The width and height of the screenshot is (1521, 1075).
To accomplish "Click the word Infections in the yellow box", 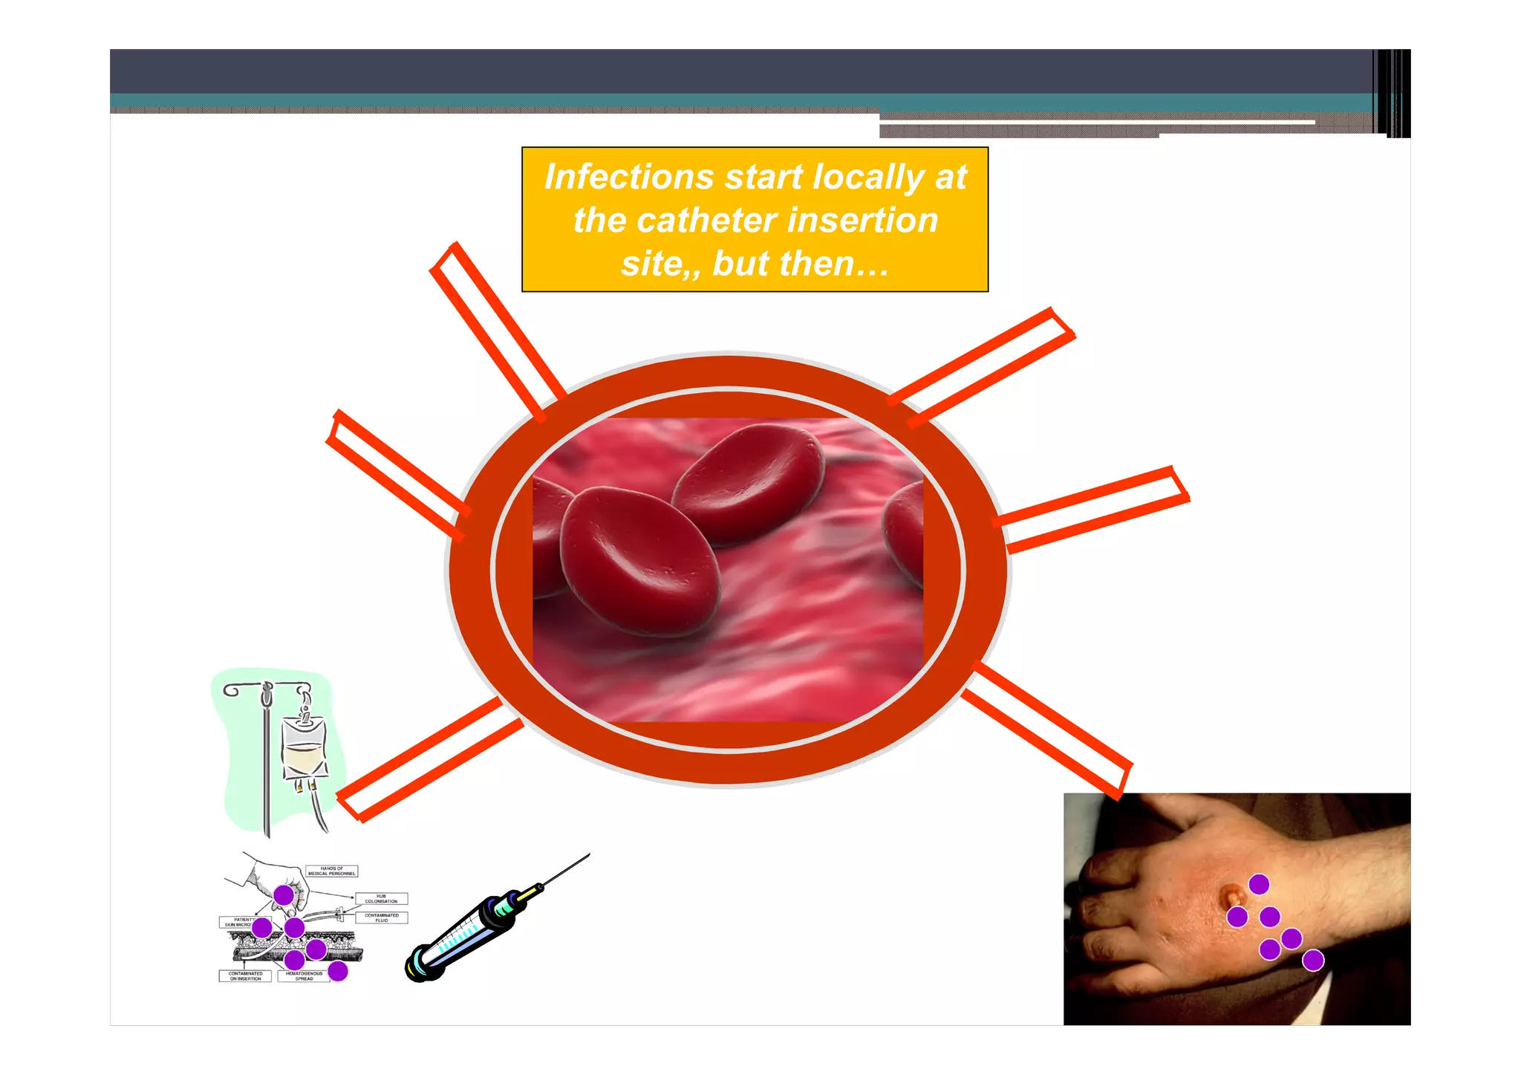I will pos(629,178).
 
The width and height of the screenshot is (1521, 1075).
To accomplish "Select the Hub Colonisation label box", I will pos(381,899).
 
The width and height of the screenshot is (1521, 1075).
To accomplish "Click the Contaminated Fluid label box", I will pos(381,918).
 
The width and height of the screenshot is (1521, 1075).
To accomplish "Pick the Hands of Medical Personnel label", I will pos(331,871).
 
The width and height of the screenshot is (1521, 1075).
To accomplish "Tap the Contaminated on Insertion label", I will pos(245,976).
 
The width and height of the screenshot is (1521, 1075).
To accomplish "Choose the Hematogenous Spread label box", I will pos(303,976).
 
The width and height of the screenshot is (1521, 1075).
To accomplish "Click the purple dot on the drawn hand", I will pos(284,895).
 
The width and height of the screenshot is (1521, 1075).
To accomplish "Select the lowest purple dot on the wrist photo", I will pos(1313,961).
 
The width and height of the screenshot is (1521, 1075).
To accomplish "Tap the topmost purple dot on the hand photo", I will pos(1259,884).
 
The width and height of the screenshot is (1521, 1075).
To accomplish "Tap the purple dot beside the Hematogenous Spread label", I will pos(338,971).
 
